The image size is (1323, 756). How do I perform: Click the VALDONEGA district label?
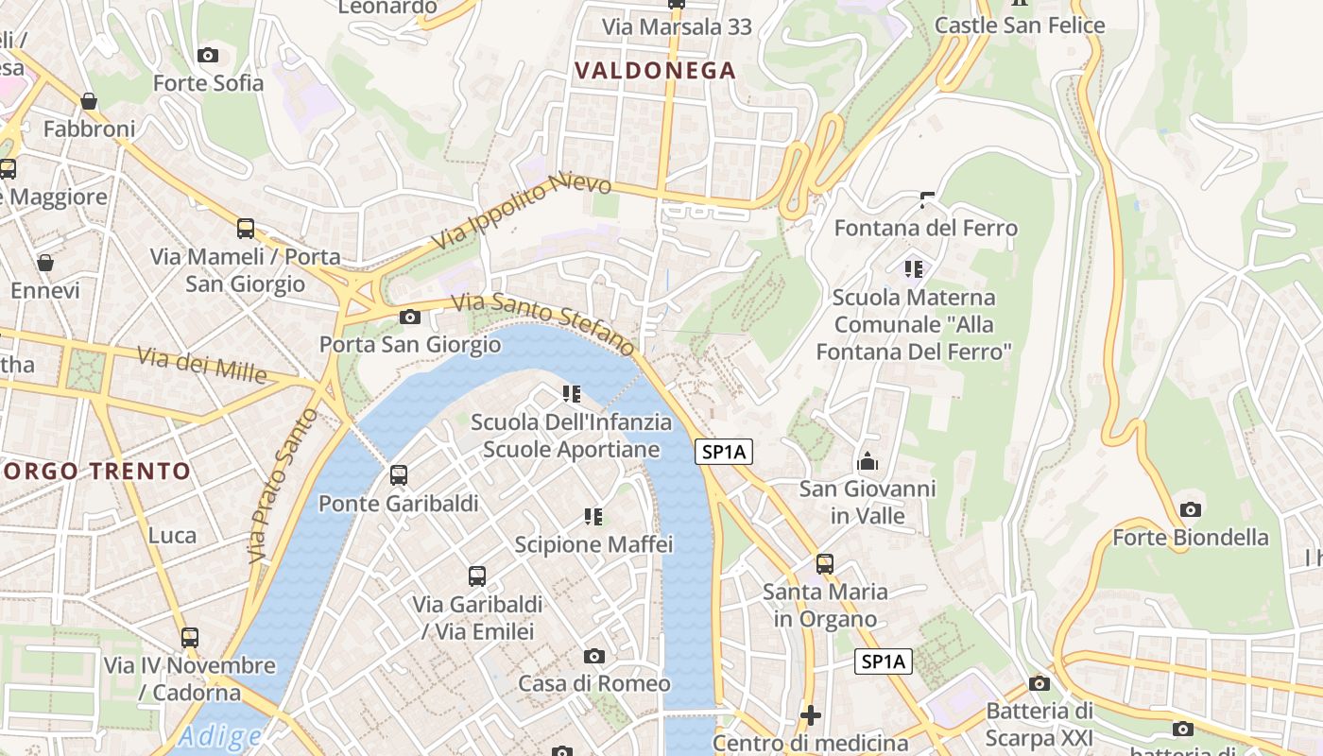point(655,71)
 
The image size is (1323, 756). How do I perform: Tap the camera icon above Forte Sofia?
point(208,56)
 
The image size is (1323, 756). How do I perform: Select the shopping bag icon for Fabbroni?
point(89,100)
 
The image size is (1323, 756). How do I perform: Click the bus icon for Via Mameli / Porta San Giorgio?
point(246,228)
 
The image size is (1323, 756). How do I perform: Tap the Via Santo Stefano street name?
point(543,322)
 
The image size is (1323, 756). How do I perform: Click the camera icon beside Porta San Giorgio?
point(410,317)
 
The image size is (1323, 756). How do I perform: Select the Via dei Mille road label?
point(201,365)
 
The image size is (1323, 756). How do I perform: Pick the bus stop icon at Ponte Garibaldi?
point(399,474)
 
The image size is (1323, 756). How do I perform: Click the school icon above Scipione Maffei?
point(593,516)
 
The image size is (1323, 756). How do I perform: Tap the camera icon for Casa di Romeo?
point(594,656)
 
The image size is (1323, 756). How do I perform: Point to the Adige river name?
point(219,735)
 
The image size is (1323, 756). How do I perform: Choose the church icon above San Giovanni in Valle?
point(867,462)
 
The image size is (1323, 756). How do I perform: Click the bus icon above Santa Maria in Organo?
point(825,564)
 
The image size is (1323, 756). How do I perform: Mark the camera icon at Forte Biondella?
point(1191,510)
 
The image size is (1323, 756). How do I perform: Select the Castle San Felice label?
point(1020,26)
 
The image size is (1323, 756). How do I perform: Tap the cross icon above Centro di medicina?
point(810,715)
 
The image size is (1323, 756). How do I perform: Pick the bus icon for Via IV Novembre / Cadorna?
point(190,637)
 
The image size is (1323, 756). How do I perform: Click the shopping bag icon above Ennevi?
point(44,263)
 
